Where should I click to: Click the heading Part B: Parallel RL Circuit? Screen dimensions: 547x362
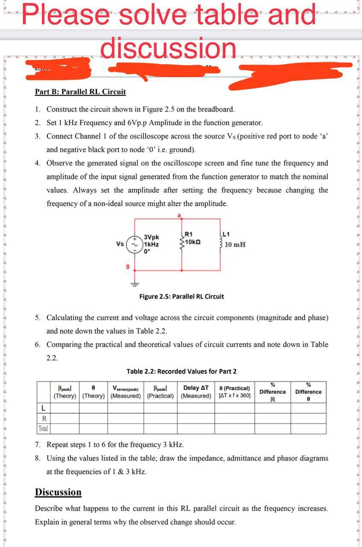[80, 91]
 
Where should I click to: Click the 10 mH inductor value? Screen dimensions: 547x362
[235, 244]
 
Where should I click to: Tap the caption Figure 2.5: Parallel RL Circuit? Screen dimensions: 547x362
[181, 296]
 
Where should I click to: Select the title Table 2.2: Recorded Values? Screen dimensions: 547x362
[181, 371]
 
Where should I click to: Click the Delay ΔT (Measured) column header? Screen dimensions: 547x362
[196, 391]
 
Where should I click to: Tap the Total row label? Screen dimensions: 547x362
[43, 428]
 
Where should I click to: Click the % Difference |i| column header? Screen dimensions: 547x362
[272, 392]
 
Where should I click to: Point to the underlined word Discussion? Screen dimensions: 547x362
[58, 492]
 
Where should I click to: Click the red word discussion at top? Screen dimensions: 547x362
[168, 48]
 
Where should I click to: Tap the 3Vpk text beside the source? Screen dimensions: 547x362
[152, 237]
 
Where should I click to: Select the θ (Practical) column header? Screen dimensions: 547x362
[234, 391]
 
